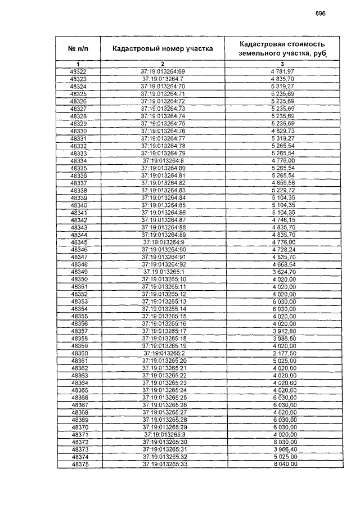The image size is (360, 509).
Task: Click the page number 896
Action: click(321, 13)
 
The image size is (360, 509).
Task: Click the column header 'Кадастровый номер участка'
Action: click(163, 49)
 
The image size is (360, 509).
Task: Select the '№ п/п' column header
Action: click(79, 49)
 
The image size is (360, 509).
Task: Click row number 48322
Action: click(79, 71)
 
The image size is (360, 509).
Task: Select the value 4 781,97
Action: click(283, 71)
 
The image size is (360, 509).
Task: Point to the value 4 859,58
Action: click(283, 183)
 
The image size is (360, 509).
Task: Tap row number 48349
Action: click(79, 272)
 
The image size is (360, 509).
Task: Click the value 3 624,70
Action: click(283, 272)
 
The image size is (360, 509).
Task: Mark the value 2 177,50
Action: click(283, 353)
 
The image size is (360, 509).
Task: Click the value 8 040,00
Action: click(283, 465)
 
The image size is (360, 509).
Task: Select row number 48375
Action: click(79, 465)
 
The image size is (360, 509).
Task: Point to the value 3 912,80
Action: click(283, 331)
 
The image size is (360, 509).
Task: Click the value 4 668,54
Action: click(283, 264)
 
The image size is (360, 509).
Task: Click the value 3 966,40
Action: click(283, 450)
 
